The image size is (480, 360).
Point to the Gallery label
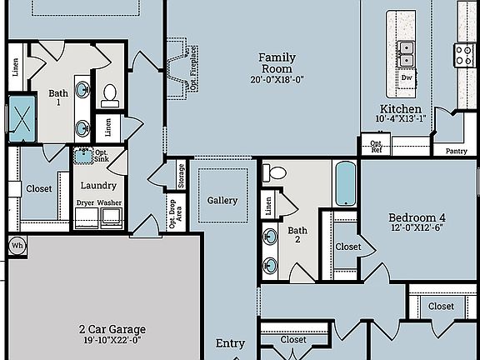click(222, 200)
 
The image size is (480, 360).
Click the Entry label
click(231, 343)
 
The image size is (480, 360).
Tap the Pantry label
click(456, 151)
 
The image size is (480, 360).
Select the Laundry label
click(98, 185)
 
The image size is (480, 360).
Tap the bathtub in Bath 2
click(345, 184)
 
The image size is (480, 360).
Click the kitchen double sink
click(406, 53)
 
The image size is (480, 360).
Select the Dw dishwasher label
click(406, 78)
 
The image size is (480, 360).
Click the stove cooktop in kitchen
click(464, 55)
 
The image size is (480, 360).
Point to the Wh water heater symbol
click(17, 246)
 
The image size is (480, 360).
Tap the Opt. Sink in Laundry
click(83, 155)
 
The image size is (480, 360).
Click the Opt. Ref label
click(376, 147)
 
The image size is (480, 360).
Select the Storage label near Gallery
click(182, 176)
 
